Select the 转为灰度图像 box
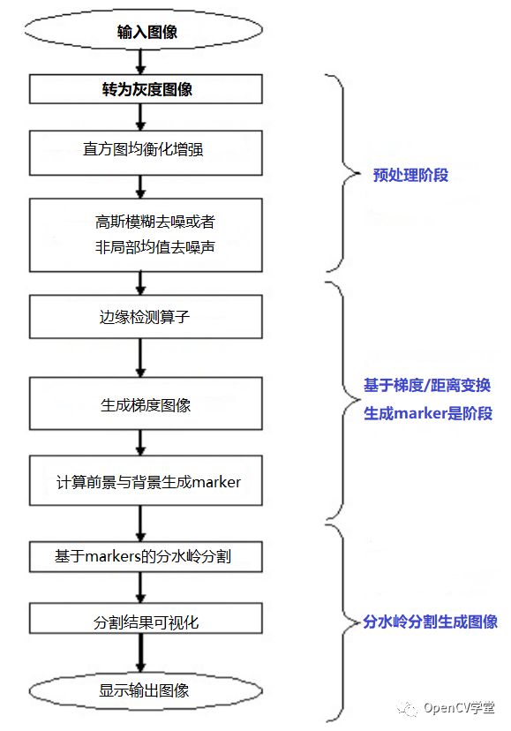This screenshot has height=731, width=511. pyautogui.click(x=146, y=88)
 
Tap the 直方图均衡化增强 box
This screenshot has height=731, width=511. pyautogui.click(x=146, y=153)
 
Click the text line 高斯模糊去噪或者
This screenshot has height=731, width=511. pyautogui.click(x=154, y=222)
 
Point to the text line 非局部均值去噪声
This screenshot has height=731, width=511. pyautogui.click(x=154, y=246)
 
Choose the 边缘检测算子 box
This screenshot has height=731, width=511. pyautogui.click(x=146, y=317)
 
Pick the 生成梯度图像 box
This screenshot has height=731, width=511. pyautogui.click(x=146, y=403)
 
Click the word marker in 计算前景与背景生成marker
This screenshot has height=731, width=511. pyautogui.click(x=216, y=482)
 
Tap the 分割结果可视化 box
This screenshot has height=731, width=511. pyautogui.click(x=146, y=618)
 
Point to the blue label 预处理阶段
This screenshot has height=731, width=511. pyautogui.click(x=410, y=176)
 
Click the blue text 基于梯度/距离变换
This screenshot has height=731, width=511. pyautogui.click(x=427, y=386)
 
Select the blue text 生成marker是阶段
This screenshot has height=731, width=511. pyautogui.click(x=428, y=413)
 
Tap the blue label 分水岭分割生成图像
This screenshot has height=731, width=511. pyautogui.click(x=430, y=622)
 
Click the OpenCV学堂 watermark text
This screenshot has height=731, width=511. pyautogui.click(x=459, y=708)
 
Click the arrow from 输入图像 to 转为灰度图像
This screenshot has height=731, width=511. pyautogui.click(x=140, y=62)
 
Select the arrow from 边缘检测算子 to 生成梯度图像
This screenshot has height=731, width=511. pyautogui.click(x=140, y=358)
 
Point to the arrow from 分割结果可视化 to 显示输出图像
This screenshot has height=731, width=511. pyautogui.click(x=140, y=653)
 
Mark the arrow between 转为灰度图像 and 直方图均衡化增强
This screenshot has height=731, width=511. pyautogui.click(x=140, y=117)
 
